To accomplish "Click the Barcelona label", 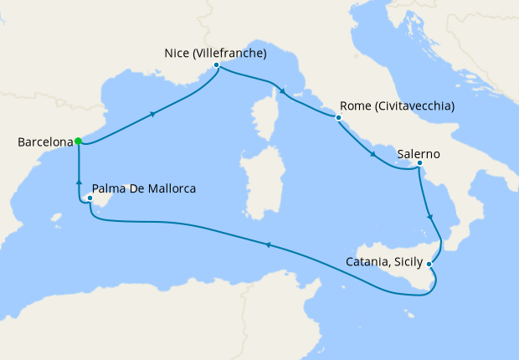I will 44,143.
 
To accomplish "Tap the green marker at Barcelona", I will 77,141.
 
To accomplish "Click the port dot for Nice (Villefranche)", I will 216,64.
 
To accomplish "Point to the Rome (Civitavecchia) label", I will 398,107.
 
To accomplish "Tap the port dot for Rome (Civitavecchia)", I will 338,117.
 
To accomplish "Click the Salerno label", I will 419,155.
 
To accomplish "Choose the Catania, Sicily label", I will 385,262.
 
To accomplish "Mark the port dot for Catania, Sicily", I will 429,265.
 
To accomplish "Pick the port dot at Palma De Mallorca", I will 90,198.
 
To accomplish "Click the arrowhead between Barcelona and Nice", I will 154,115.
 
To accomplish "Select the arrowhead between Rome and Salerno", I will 373,153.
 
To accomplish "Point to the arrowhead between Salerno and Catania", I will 429,217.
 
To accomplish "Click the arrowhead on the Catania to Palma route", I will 268,244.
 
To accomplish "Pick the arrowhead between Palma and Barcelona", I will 78,182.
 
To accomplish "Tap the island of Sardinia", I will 255,179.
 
